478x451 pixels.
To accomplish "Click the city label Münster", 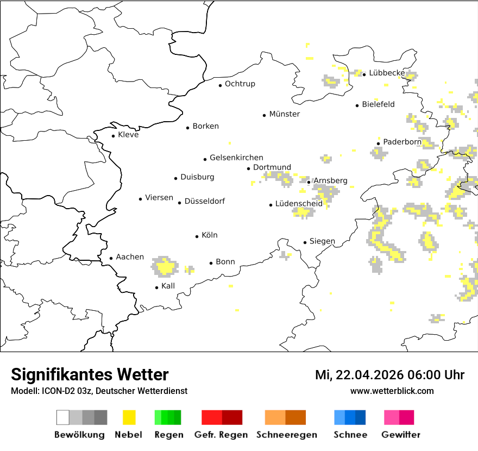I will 284,114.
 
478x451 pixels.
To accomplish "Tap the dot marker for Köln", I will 197,236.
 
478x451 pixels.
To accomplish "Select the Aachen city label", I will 130,257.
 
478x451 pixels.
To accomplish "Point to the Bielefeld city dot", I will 357,105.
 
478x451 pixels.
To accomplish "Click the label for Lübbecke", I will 387,73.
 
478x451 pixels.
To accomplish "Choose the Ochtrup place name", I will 240,84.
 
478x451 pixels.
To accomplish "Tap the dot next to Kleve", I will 114,136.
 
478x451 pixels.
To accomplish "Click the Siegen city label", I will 322,241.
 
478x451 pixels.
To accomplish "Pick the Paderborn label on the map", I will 402,142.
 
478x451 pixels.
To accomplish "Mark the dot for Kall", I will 157,287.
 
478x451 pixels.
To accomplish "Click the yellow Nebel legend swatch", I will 129,417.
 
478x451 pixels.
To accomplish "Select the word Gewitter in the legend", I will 400,435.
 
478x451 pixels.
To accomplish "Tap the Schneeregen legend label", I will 287,435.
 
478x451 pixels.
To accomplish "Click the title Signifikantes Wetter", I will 90,375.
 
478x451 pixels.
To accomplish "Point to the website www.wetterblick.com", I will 392,391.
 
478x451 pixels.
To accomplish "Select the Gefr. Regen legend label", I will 221,435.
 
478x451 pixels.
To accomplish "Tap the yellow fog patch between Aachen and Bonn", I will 165,267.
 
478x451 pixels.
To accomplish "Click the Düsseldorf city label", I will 204,201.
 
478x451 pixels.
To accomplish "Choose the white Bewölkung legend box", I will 63,417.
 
